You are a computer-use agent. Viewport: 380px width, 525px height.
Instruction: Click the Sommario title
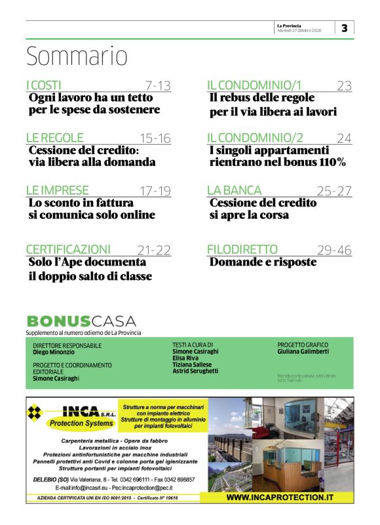[x=77, y=56]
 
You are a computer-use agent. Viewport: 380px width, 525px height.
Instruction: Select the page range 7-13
[x=157, y=85]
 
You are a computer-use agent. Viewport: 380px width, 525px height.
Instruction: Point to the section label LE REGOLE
[x=54, y=138]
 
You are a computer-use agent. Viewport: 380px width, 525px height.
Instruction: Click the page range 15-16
[x=155, y=138]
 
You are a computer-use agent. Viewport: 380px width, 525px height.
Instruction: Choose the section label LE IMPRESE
[x=57, y=190]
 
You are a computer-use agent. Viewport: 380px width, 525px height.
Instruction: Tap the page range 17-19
[x=155, y=191]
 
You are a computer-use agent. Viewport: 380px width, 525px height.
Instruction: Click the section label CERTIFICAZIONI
[x=67, y=249]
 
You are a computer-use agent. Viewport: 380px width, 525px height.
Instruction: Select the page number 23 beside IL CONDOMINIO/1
[x=345, y=85]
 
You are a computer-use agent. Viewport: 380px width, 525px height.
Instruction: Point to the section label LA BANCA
[x=234, y=190]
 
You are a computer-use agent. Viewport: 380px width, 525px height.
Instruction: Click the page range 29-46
[x=334, y=250]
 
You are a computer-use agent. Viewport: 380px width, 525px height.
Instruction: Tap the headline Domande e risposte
[x=263, y=262]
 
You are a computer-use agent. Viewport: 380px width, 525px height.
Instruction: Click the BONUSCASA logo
[x=81, y=321]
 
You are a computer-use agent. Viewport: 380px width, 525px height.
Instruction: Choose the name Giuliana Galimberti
[x=303, y=351]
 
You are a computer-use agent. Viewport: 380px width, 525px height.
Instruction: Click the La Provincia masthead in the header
[x=290, y=25]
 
